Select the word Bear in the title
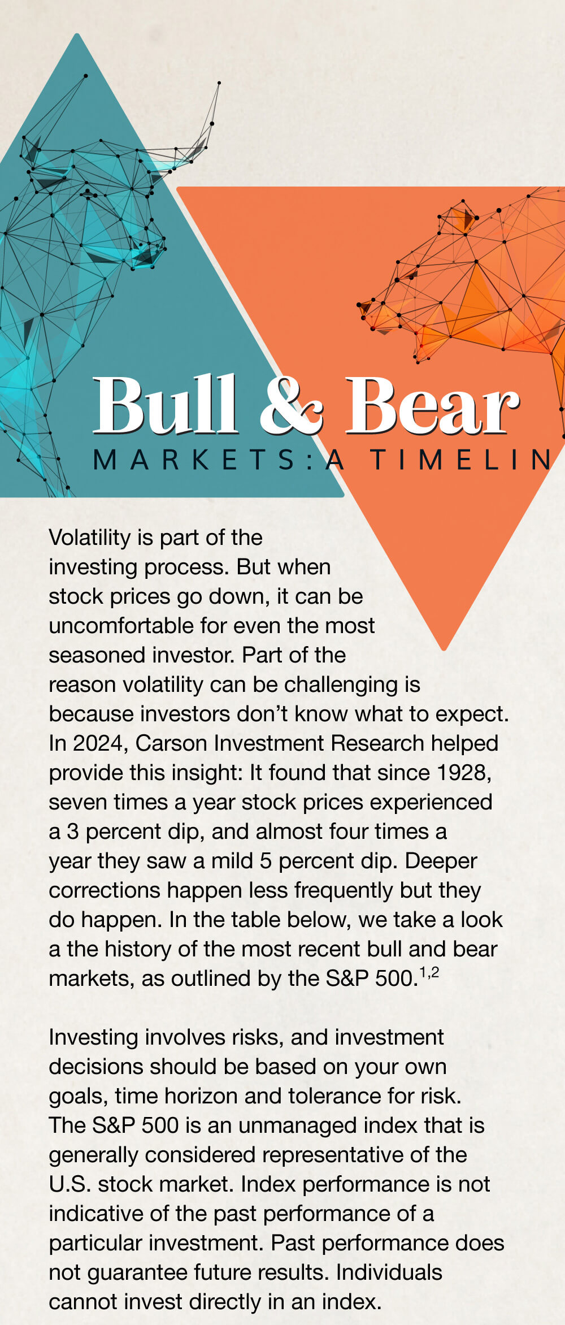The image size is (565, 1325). coord(432,405)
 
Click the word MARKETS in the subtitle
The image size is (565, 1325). coord(195,460)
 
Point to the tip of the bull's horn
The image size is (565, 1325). coord(219,84)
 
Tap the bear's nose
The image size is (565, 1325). coord(362,308)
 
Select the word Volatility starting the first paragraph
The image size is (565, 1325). coord(89,537)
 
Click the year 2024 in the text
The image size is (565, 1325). coord(95,743)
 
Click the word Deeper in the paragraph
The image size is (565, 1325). coord(441,860)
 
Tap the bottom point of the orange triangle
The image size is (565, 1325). coord(444,648)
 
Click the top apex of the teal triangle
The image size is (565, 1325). coord(77,36)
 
